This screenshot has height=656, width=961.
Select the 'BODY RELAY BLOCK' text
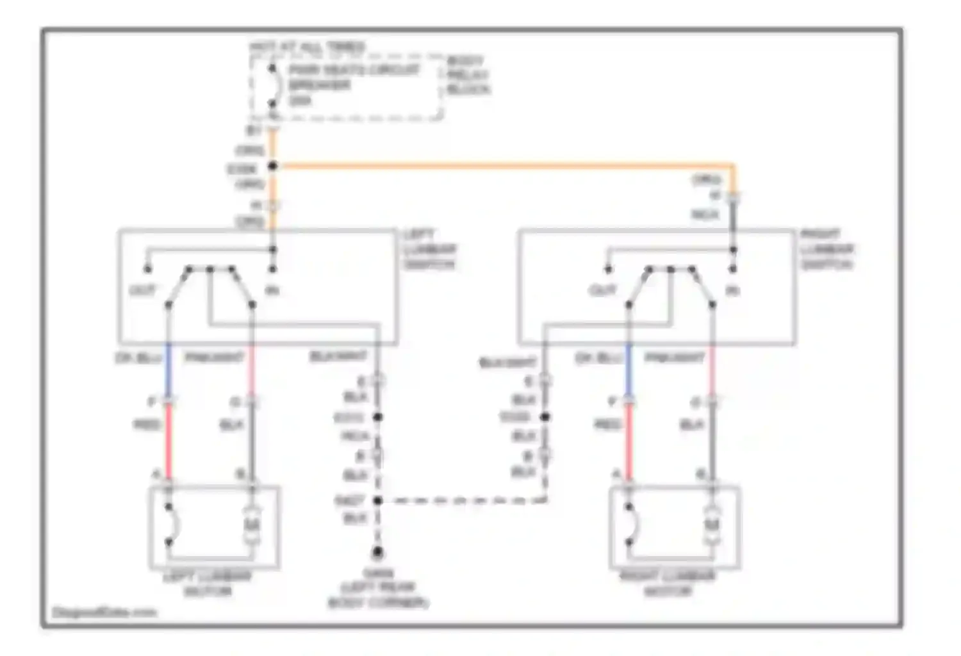(468, 76)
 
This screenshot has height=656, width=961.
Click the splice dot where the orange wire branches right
(273, 167)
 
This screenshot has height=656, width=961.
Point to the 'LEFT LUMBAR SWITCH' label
(429, 250)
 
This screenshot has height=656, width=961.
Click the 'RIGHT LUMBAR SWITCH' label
(827, 250)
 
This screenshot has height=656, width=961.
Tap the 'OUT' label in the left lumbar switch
(142, 291)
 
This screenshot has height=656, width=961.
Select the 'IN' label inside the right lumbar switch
(732, 291)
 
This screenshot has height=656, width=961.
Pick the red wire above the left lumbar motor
(169, 442)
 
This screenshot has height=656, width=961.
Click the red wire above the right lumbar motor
(629, 442)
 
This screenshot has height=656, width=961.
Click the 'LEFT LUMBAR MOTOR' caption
(207, 583)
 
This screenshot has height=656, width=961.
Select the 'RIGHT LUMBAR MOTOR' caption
(667, 583)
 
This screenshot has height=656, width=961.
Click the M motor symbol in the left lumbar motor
(252, 527)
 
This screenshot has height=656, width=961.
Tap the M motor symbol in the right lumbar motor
(712, 527)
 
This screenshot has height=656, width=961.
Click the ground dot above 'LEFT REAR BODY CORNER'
(378, 552)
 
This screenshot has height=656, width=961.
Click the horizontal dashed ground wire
(461, 500)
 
